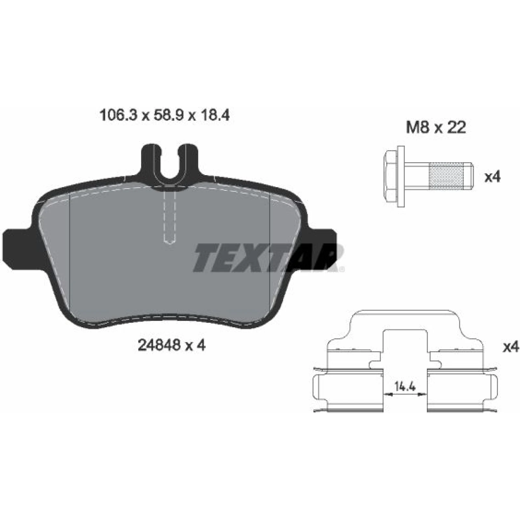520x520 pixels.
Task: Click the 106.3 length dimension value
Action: click(x=119, y=115)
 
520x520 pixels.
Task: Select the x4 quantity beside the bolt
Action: click(x=492, y=177)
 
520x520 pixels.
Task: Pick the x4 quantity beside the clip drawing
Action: click(x=511, y=347)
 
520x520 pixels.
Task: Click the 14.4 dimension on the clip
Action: click(x=405, y=386)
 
